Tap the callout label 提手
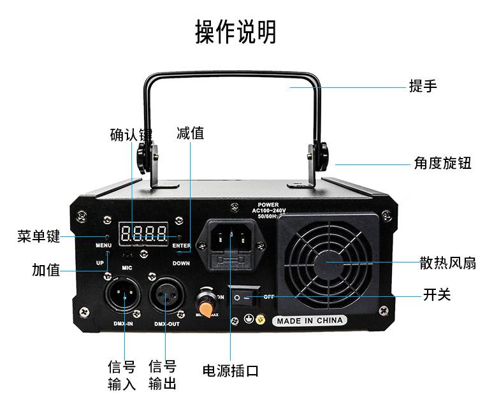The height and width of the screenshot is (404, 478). pyautogui.click(x=423, y=85)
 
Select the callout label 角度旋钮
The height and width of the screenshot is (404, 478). pyautogui.click(x=442, y=164)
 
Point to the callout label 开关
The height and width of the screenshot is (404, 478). pyautogui.click(x=437, y=294)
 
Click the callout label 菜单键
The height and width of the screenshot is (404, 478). pyautogui.click(x=38, y=236)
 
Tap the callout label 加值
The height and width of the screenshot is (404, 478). pyautogui.click(x=46, y=270)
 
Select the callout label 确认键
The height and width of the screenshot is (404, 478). pyautogui.click(x=131, y=134)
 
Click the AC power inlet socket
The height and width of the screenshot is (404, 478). pyautogui.click(x=231, y=243)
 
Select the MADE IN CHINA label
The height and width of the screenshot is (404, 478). pyautogui.click(x=310, y=321)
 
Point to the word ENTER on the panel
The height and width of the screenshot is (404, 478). pyautogui.click(x=182, y=245)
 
